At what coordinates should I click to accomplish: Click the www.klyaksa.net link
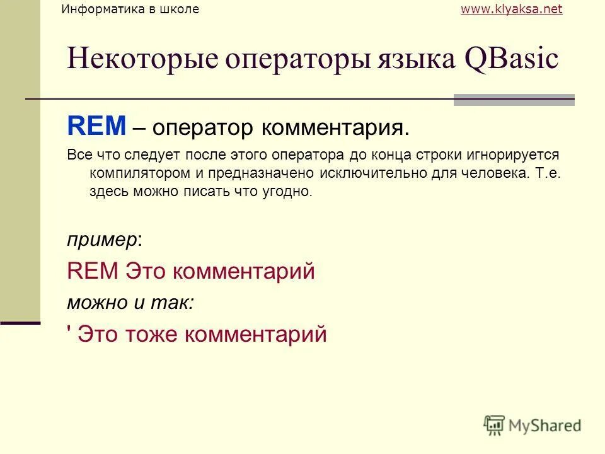coord(511,9)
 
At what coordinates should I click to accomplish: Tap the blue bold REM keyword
coord(97,127)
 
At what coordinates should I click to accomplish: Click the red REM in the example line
coord(93,271)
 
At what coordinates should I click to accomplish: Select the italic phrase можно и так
coord(129,303)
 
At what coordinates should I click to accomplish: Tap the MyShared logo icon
coord(495,424)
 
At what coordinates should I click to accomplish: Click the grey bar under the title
coord(514,100)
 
